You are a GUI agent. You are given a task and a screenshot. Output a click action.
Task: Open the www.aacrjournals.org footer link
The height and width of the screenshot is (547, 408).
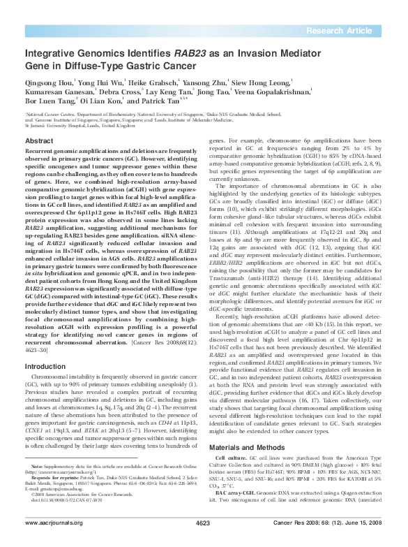54,542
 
